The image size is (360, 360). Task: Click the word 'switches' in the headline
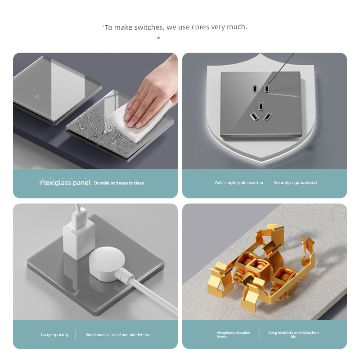[149, 27]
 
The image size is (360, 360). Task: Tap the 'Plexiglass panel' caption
[65, 183]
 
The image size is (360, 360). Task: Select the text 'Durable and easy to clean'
[119, 183]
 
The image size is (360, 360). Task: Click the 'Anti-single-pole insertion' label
[240, 183]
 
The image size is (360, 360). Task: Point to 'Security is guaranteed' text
[295, 183]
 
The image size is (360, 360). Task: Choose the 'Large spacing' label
[54, 335]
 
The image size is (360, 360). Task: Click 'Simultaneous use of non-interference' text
[118, 335]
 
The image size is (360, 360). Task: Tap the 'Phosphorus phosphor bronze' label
[233, 334]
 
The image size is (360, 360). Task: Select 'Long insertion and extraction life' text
[293, 334]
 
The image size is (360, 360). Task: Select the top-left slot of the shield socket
[255, 89]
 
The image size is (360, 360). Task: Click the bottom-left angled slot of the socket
[254, 117]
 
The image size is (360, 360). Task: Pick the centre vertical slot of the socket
[261, 106]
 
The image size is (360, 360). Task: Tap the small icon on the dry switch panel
[36, 96]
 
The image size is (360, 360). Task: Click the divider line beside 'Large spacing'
[76, 335]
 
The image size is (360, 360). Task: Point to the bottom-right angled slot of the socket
[267, 117]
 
